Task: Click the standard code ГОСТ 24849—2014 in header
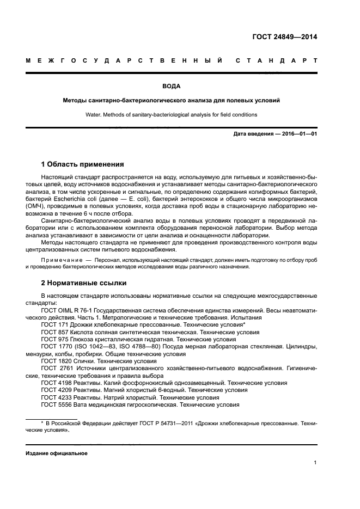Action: click(284, 38)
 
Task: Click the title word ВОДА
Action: click(171, 86)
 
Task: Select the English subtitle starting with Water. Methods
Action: click(171, 114)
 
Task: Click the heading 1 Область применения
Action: click(82, 164)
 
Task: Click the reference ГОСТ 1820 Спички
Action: click(68, 360)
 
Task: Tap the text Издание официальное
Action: click(57, 453)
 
